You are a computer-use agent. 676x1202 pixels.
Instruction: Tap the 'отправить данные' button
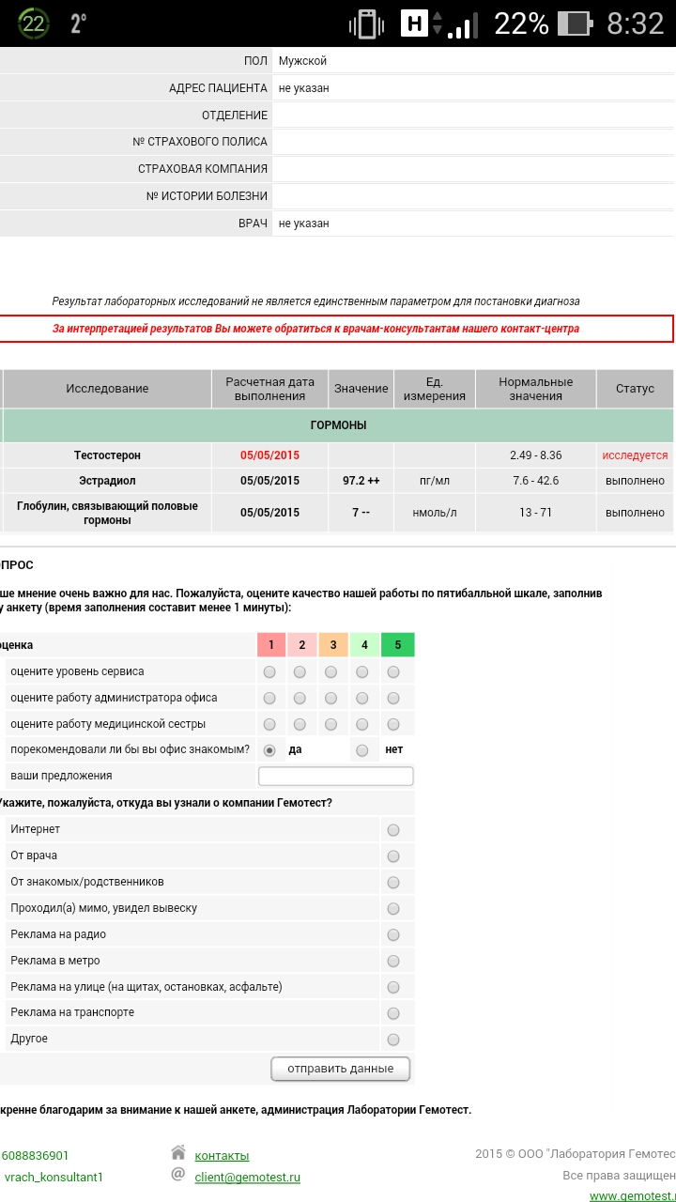tap(341, 1069)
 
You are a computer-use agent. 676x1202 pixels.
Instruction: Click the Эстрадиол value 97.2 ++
tap(361, 481)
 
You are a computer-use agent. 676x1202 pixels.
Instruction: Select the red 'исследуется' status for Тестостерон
tap(635, 455)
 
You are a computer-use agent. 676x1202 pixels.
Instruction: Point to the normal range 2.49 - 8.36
tap(535, 455)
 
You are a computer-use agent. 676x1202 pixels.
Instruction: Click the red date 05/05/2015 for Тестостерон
tap(269, 455)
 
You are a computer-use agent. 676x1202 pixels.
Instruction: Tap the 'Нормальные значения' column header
tap(535, 389)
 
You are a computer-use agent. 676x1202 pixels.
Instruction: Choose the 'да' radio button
tap(269, 750)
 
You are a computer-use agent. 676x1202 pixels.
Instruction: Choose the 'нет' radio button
tap(362, 750)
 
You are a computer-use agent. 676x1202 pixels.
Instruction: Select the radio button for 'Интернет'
tap(393, 830)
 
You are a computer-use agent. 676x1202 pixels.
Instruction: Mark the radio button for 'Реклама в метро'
tap(393, 962)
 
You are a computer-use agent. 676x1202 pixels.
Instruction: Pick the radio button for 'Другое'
tap(393, 1040)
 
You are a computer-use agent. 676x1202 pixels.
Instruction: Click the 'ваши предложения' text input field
tap(335, 776)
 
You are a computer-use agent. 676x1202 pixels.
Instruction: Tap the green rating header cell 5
tap(398, 645)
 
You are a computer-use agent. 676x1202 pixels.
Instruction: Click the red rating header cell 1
tap(271, 645)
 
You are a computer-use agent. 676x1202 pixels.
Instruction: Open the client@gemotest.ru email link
tap(247, 1178)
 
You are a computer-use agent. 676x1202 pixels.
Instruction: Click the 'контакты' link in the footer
tap(222, 1156)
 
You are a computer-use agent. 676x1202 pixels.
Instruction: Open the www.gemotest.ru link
tap(632, 1195)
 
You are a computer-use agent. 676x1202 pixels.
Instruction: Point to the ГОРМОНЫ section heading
tap(338, 425)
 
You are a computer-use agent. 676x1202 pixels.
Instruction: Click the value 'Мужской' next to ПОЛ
tap(302, 61)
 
